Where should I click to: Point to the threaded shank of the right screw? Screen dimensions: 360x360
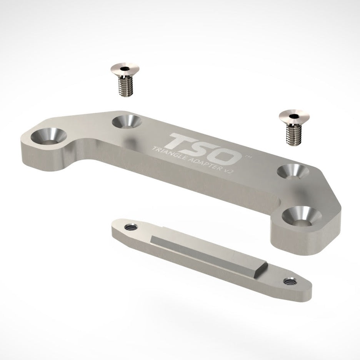coord(293,134)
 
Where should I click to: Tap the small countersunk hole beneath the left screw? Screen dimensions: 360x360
coord(127,121)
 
